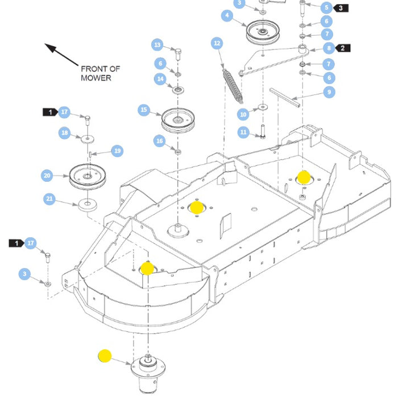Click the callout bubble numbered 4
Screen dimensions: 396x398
227,16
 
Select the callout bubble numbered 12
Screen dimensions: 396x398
216,43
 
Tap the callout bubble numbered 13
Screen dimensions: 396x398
157,45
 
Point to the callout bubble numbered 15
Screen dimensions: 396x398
144,110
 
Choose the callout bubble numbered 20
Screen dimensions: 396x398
47,176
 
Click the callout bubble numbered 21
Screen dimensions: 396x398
49,198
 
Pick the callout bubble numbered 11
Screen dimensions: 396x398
243,132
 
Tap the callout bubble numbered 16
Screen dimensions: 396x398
160,140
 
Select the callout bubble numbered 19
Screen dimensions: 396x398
117,151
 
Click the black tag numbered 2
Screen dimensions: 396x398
343,48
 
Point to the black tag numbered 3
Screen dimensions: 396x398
341,8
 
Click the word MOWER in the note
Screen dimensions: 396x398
96,78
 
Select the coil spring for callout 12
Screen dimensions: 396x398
232,83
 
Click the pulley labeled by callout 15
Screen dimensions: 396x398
178,119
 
